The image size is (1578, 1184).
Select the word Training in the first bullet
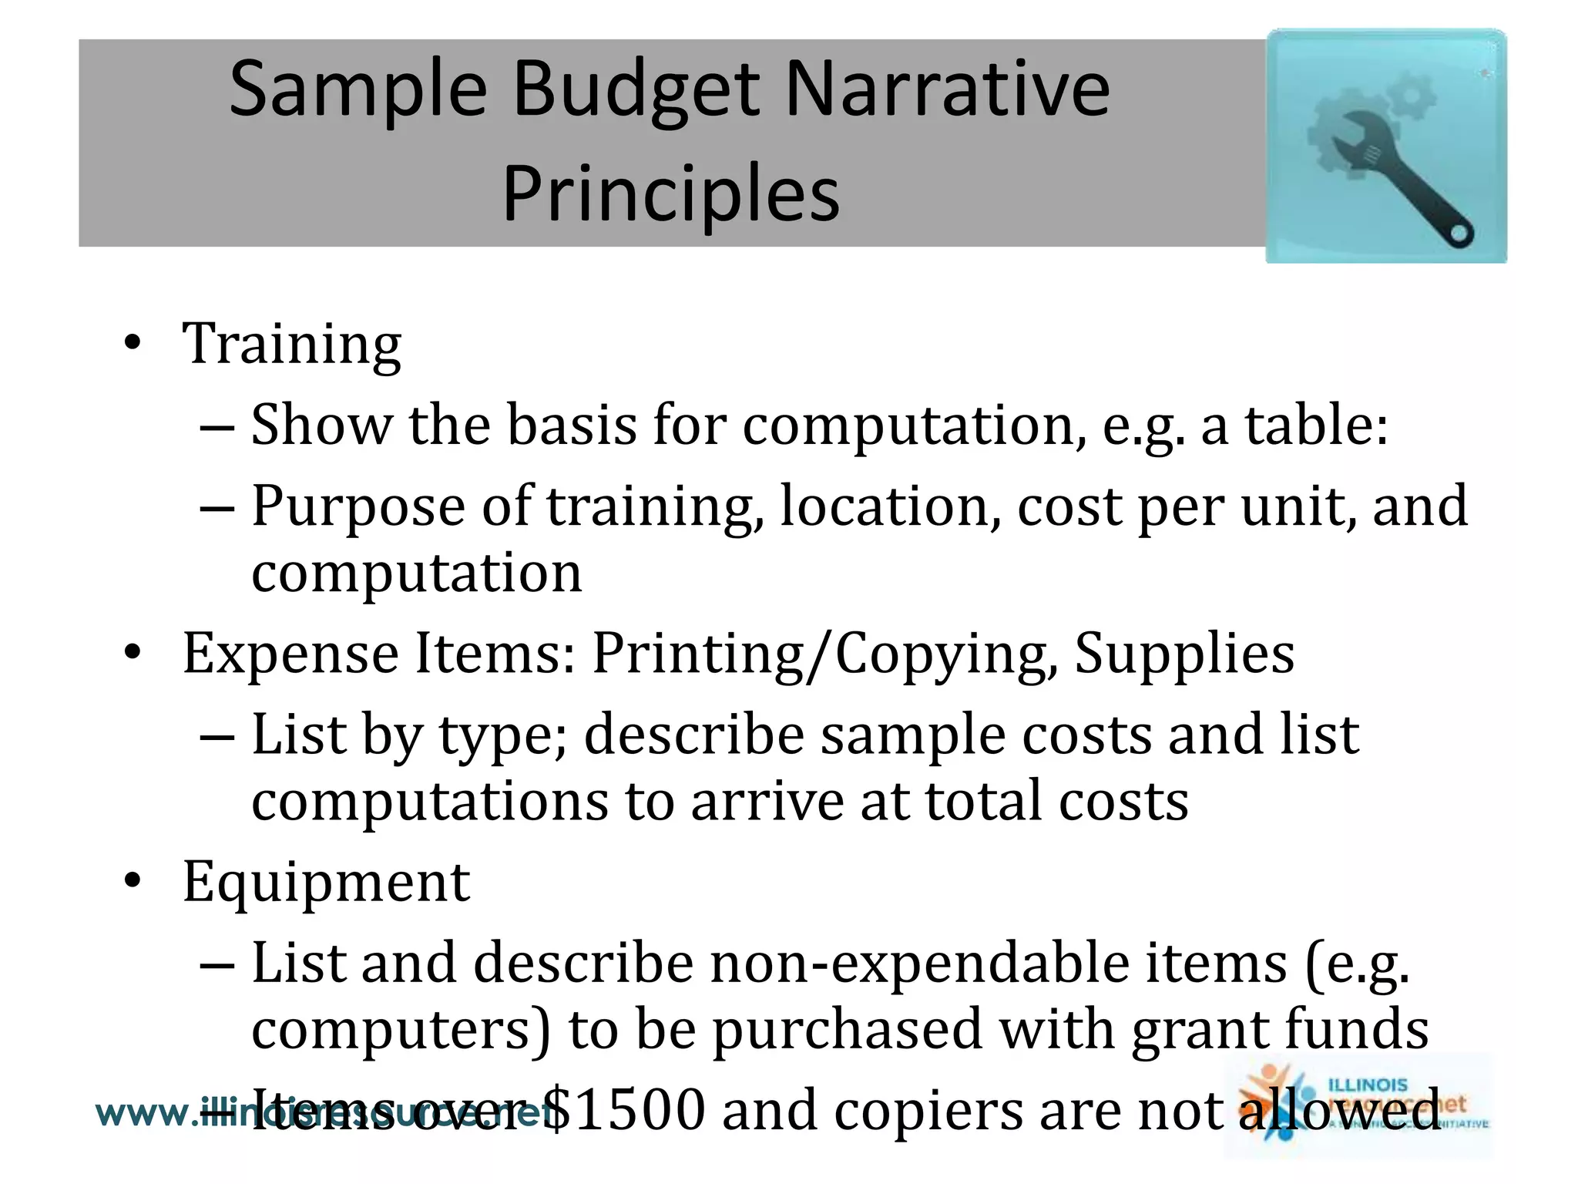click(291, 345)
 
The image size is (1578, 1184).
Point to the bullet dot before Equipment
click(133, 882)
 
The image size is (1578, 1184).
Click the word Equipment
click(326, 882)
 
